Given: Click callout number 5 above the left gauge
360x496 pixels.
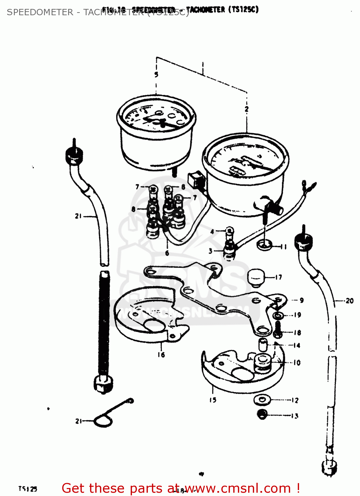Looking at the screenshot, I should (x=156, y=75).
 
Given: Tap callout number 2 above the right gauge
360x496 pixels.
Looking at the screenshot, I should (x=247, y=109).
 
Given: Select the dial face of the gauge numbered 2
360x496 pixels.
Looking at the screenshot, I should (x=245, y=160).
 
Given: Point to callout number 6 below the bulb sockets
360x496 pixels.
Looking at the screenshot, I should (x=167, y=253).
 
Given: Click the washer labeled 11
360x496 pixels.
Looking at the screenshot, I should (x=264, y=245).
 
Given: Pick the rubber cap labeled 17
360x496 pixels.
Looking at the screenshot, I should (x=256, y=277).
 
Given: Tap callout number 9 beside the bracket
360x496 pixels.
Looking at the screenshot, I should (x=301, y=300).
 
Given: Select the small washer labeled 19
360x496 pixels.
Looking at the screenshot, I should (x=277, y=315).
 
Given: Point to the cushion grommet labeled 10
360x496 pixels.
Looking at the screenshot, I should (x=262, y=362).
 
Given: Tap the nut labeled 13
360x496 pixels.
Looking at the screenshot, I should (x=262, y=414).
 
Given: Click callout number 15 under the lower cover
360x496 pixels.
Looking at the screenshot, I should (x=213, y=400).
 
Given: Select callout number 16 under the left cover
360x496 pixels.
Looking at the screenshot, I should (x=161, y=355).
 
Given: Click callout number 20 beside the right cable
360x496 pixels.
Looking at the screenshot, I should (x=349, y=301).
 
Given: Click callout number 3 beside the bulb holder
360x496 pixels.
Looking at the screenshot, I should (x=210, y=251).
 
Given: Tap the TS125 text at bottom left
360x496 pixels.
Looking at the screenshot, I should (x=28, y=489).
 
